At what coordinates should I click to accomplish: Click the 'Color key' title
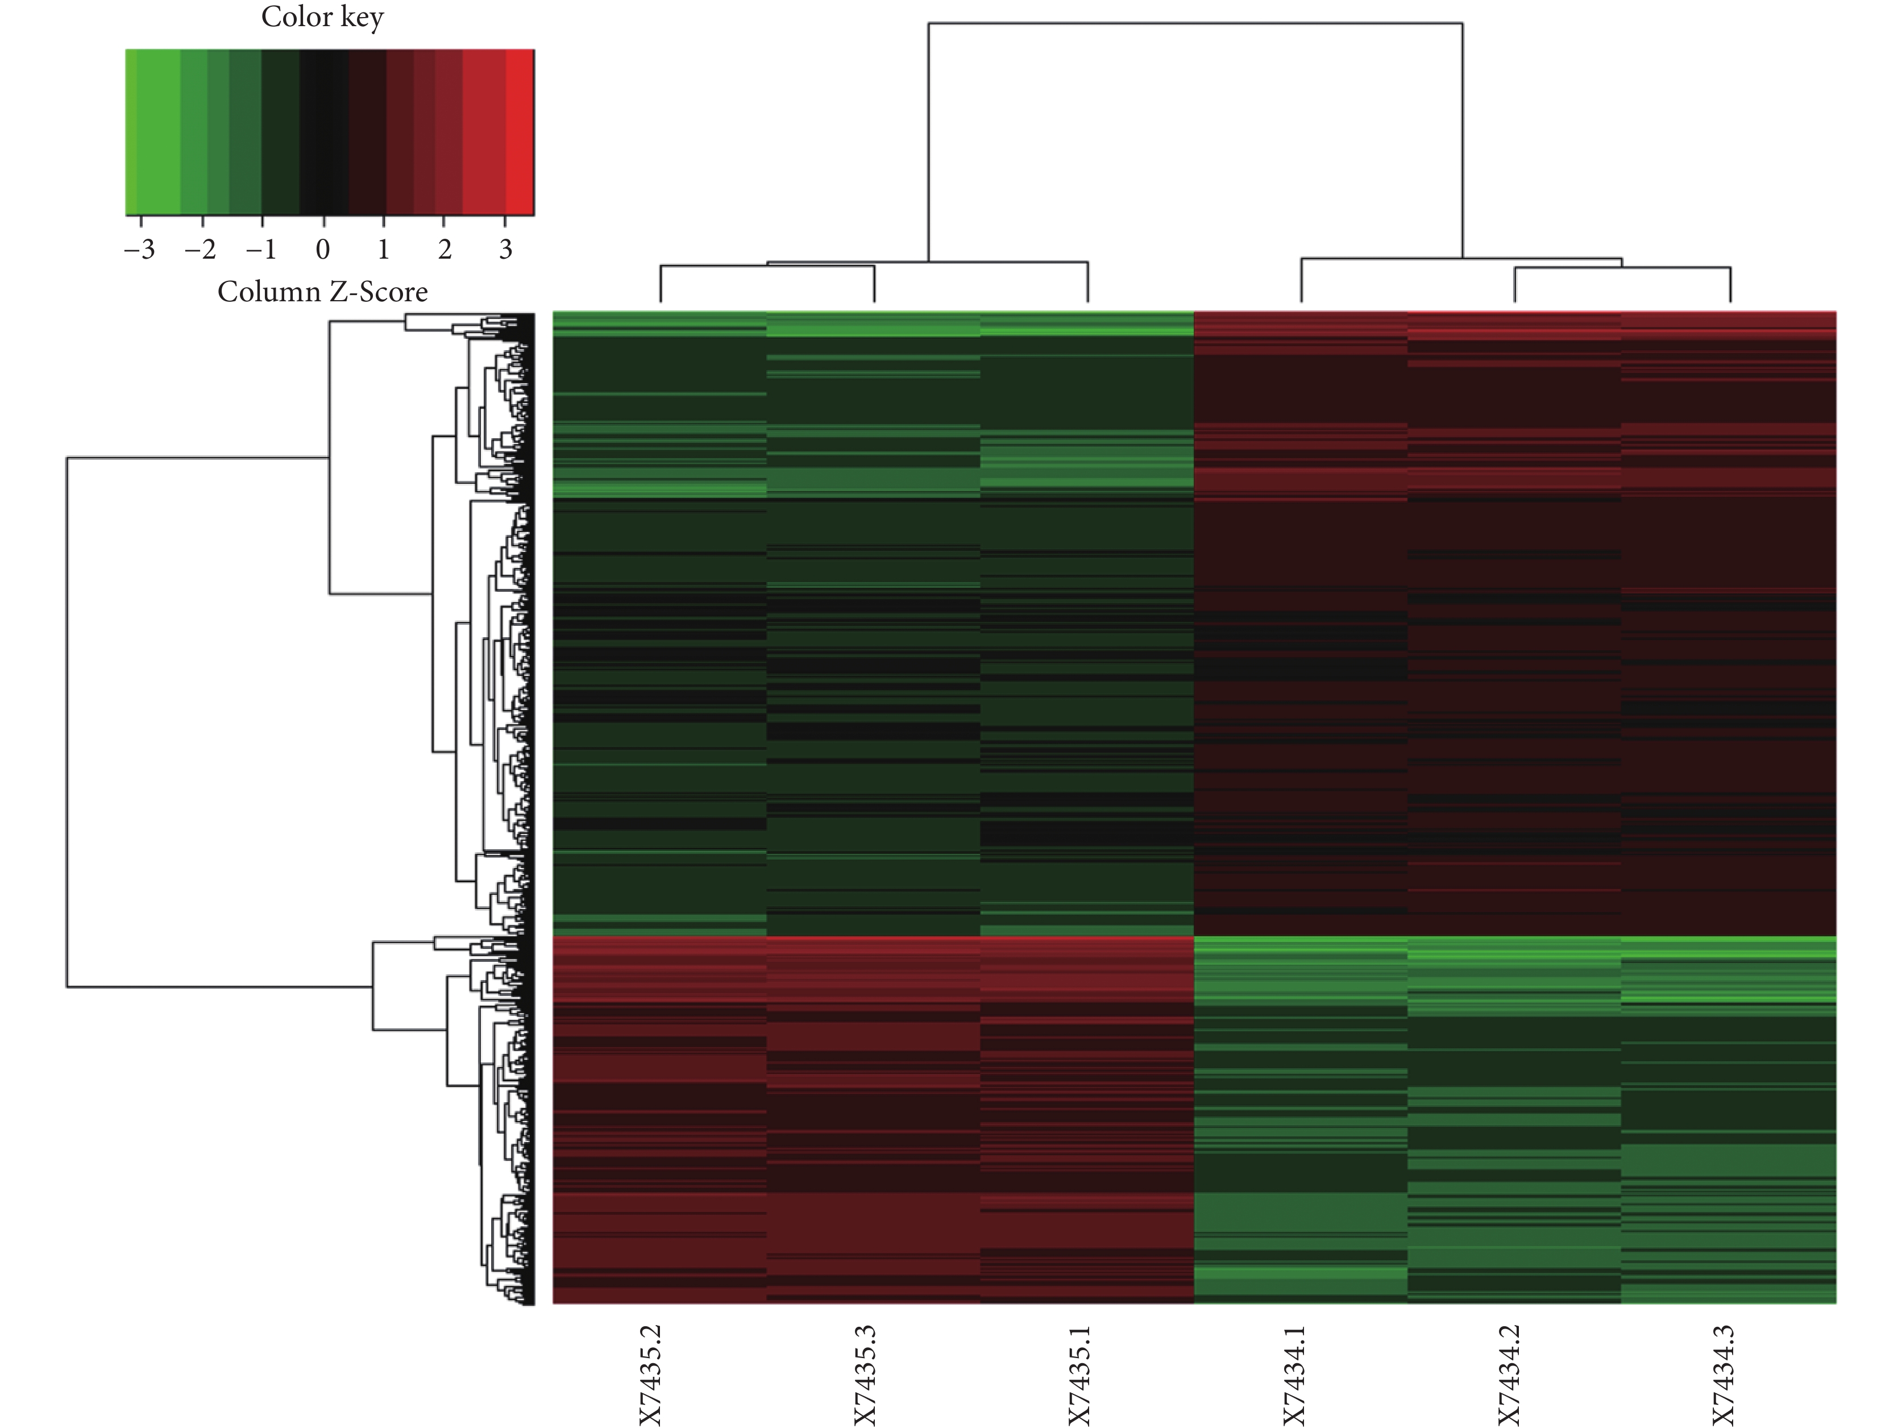click(322, 17)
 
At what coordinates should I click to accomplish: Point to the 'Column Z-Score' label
click(322, 292)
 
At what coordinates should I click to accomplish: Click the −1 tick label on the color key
click(261, 250)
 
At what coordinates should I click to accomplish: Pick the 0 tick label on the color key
click(323, 250)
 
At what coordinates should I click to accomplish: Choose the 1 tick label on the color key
click(384, 250)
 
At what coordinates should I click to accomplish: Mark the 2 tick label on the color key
click(445, 250)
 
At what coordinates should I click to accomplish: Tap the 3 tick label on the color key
click(505, 250)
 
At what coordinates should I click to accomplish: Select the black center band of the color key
click(324, 131)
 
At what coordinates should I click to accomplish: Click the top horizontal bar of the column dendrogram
click(1195, 23)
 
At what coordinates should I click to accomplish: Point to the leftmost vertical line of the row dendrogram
click(67, 722)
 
